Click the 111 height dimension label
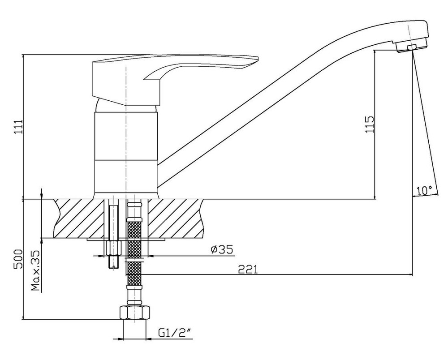(x=18, y=129)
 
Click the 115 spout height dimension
(x=369, y=124)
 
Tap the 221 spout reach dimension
(x=248, y=269)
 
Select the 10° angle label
(x=424, y=190)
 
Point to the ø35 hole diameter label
(x=222, y=249)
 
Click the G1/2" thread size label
(x=175, y=333)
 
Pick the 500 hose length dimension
(x=18, y=259)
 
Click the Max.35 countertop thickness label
(x=35, y=270)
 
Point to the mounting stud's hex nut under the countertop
(x=114, y=248)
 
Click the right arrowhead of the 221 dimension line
(x=410, y=275)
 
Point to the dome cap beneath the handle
(x=126, y=106)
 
